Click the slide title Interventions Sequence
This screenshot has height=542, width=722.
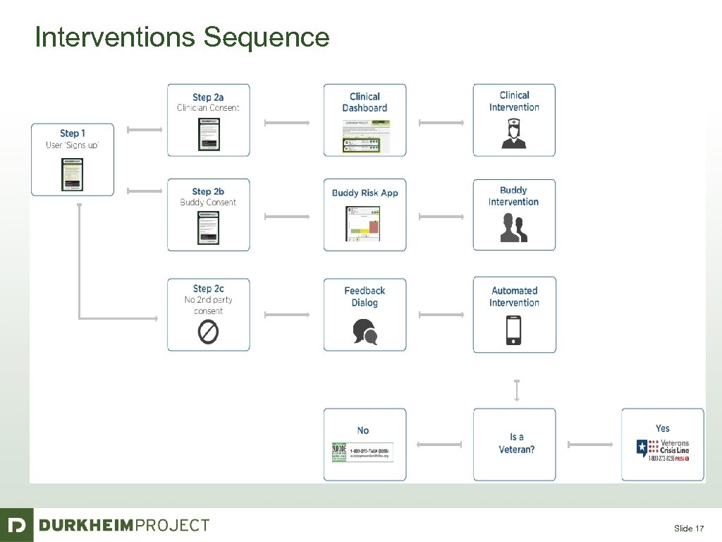click(x=182, y=37)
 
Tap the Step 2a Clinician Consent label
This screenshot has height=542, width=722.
click(x=208, y=102)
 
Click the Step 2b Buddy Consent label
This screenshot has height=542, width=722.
click(x=208, y=197)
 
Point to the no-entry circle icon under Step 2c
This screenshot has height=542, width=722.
click(x=208, y=332)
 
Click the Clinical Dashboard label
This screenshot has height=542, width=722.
click(x=365, y=102)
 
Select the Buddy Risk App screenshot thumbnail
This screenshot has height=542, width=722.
click(x=365, y=224)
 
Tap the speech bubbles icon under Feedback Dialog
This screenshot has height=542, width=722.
click(x=365, y=332)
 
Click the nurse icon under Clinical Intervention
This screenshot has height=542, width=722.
click(x=513, y=133)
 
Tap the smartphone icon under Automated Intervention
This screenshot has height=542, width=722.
click(x=514, y=330)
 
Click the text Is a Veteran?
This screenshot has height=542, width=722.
click(x=516, y=443)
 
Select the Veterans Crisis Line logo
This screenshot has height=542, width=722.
click(x=662, y=450)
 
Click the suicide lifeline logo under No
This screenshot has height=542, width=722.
click(x=362, y=452)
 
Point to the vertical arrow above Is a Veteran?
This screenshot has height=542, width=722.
click(x=517, y=390)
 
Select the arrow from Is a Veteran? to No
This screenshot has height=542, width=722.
click(x=439, y=445)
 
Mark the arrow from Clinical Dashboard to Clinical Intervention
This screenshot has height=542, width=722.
click(x=441, y=123)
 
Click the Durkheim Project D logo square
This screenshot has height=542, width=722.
click(x=16, y=525)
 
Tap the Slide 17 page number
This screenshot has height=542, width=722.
click(x=688, y=529)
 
